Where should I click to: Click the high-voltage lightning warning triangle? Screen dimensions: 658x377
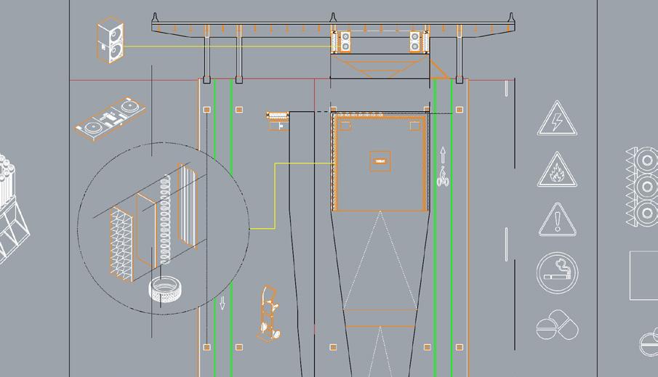[557, 121]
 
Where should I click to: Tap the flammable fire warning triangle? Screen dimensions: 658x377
[557, 171]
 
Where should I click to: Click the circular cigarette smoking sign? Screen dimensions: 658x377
[558, 273]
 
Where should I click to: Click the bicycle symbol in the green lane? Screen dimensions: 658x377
[442, 176]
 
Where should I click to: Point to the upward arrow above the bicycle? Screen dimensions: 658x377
[442, 154]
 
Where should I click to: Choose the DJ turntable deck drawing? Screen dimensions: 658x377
[111, 116]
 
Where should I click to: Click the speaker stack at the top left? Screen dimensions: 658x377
[111, 41]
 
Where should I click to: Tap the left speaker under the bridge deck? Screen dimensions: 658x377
[342, 42]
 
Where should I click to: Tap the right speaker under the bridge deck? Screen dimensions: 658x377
[417, 42]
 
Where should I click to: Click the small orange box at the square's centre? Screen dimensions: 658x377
[380, 161]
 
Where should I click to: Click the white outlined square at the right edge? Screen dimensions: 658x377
[643, 275]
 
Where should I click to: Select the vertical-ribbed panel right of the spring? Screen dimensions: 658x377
[187, 207]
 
